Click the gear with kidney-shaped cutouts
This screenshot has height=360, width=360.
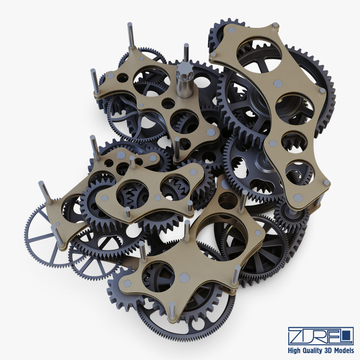255,168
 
